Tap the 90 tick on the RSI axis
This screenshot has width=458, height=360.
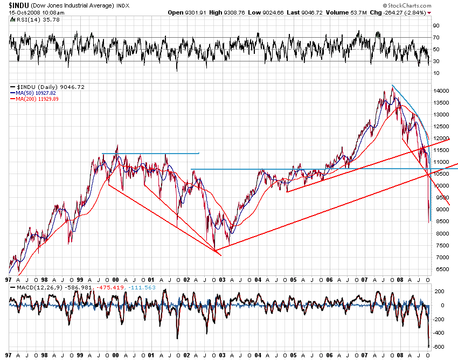click(x=436, y=25)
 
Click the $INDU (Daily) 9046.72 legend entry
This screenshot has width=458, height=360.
click(x=43, y=87)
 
